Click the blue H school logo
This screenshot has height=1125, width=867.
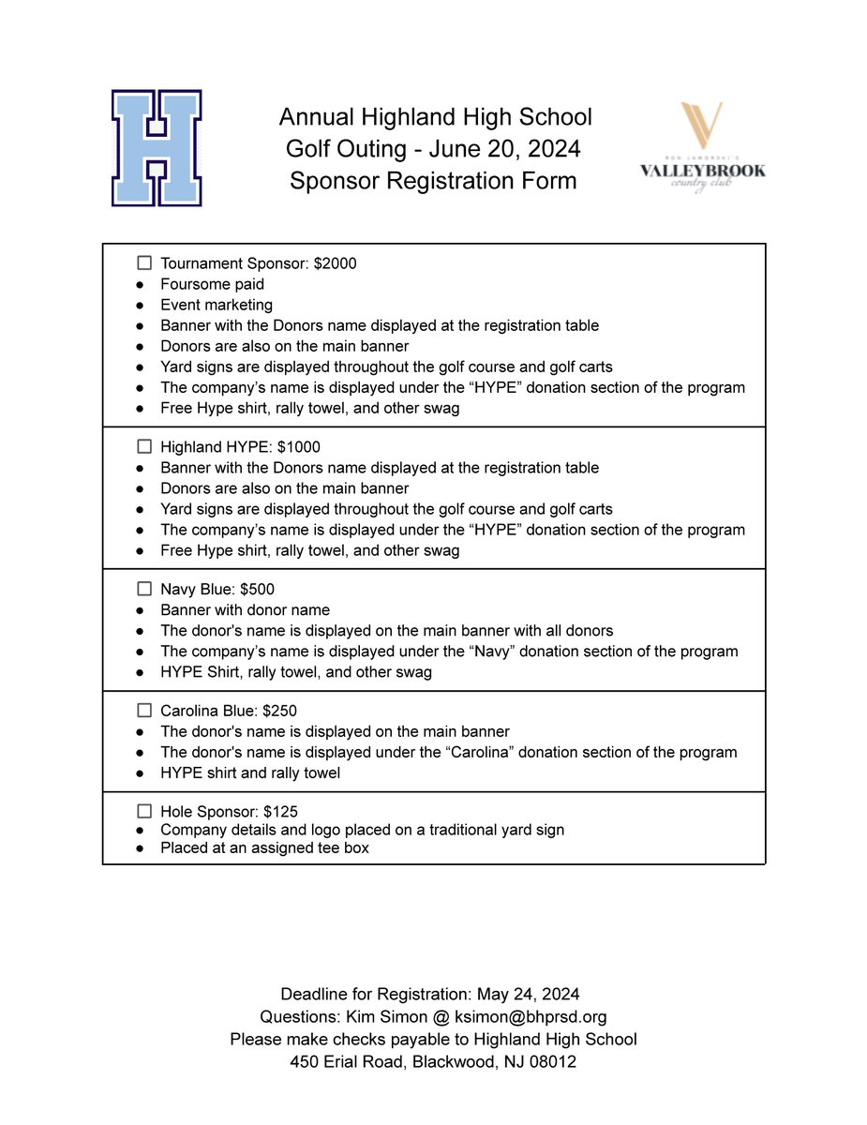coord(157,148)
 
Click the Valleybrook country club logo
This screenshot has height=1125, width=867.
coord(702,148)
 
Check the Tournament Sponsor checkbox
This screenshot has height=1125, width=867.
coord(144,263)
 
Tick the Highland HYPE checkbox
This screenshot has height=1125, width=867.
coord(144,447)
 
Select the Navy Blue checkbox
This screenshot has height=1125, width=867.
coord(144,590)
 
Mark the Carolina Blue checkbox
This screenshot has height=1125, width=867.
coord(144,711)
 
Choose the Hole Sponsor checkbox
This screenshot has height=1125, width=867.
coord(144,811)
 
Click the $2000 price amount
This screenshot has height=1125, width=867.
coord(336,263)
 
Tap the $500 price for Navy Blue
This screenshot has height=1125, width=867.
coord(258,590)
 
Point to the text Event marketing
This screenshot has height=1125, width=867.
coord(217,305)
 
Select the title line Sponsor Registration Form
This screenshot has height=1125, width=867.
coord(433,179)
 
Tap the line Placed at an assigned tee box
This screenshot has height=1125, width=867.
coord(264,847)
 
